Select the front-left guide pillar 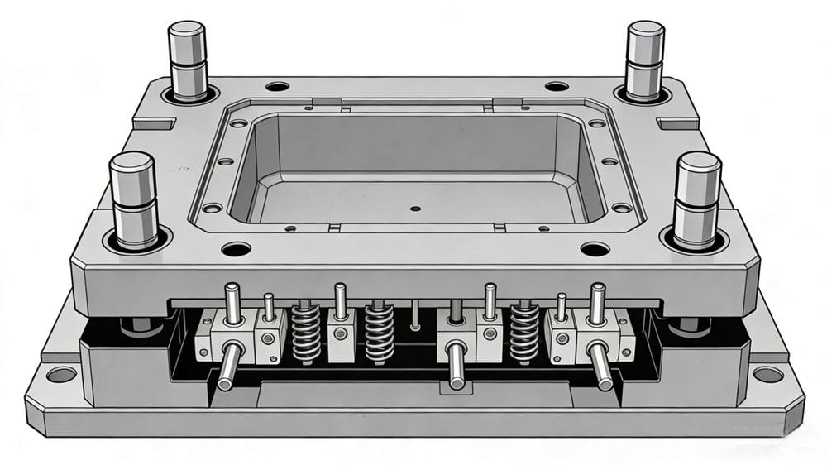pos(133,199)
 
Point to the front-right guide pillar pos(697,199)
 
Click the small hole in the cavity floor pos(415,208)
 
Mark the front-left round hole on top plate pos(236,248)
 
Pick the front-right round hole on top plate pos(595,248)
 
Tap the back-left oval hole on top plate pos(277,86)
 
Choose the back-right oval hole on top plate pos(557,86)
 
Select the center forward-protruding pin pos(457,365)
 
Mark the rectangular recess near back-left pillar pos(154,124)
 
